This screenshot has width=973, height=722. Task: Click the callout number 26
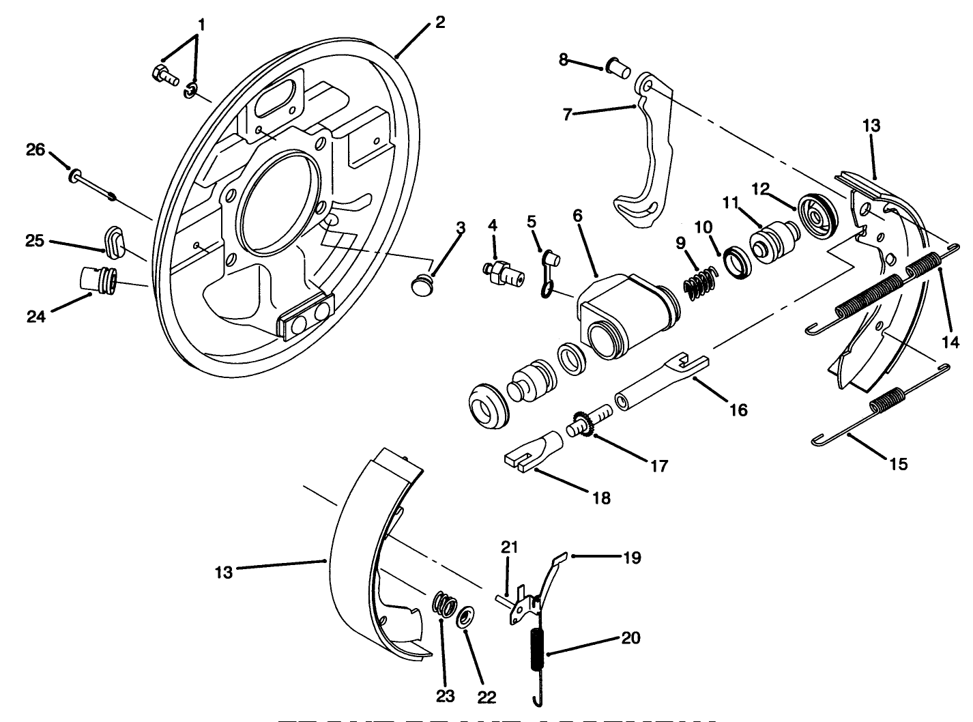point(35,149)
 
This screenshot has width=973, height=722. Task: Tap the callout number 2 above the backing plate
point(440,22)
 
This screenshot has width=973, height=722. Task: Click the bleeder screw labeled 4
point(506,272)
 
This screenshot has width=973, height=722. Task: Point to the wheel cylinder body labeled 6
point(624,313)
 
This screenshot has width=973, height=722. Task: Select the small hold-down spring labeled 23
point(446,606)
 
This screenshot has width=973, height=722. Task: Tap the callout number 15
point(899,463)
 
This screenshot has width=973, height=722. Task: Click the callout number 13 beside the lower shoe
point(223,571)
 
